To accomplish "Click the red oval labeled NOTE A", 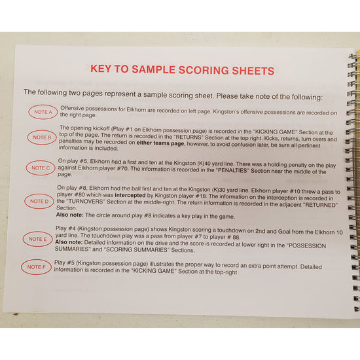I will (x=43, y=113).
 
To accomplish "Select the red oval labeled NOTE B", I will (x=43, y=137).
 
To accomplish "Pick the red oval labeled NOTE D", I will (x=41, y=202).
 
